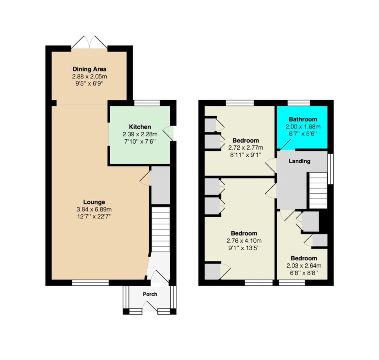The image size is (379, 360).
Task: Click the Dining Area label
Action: [x=90, y=69]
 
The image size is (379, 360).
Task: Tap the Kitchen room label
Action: [x=140, y=127]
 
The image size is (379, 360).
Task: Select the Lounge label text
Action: [x=94, y=202]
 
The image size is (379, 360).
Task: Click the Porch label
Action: [x=150, y=294]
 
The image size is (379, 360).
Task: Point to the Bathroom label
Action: [x=303, y=119]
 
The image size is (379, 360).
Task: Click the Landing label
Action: [x=299, y=161]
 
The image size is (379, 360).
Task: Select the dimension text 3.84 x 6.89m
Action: [x=94, y=209]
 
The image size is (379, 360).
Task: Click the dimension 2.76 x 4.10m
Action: [x=244, y=241]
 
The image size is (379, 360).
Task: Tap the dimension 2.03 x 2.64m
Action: [x=304, y=266]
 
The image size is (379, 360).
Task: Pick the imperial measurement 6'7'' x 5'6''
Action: [x=303, y=134]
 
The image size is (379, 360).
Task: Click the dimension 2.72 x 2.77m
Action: [x=246, y=147]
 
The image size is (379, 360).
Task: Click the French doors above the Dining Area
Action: [x=89, y=42]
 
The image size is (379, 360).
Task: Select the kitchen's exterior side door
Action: [x=168, y=133]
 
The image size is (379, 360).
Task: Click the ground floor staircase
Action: [x=161, y=229]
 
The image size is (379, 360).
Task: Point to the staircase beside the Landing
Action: [x=318, y=191]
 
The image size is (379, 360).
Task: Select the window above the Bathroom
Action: [x=299, y=103]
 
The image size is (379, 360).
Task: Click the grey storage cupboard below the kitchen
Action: [x=161, y=185]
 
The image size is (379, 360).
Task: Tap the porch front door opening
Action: [x=150, y=306]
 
